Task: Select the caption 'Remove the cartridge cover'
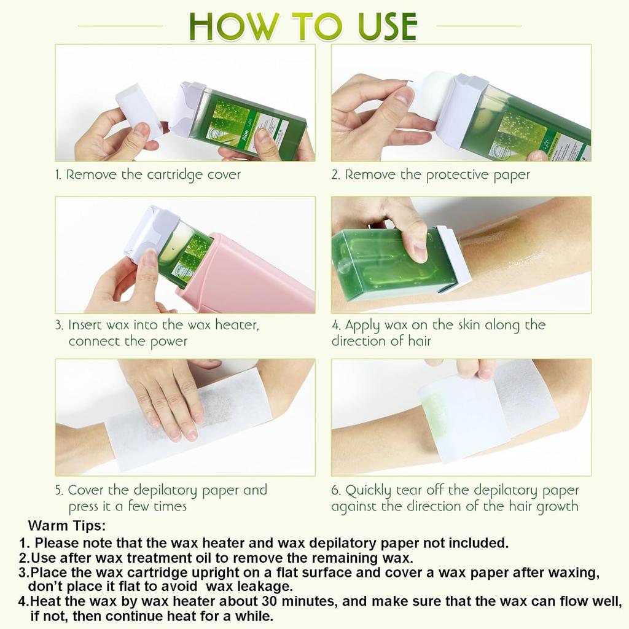[x=154, y=174]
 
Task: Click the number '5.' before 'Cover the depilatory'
[x=60, y=490]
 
